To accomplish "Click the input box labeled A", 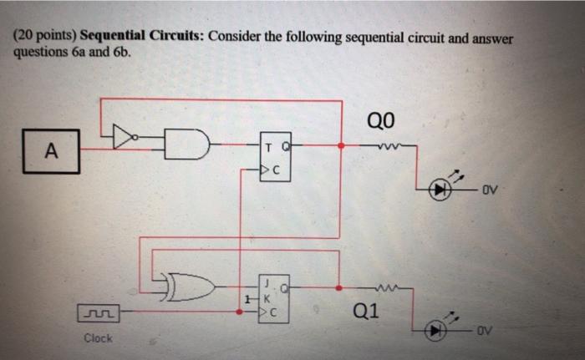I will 52,151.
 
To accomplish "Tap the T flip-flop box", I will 277,160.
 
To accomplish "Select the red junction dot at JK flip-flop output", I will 338,286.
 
